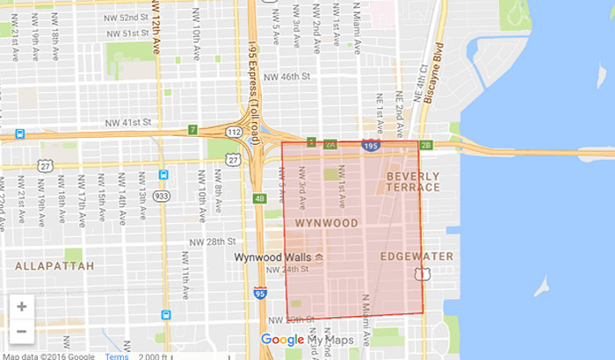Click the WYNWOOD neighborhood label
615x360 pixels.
[327, 223]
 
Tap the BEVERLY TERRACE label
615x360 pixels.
[412, 182]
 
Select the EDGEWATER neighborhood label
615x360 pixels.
[416, 256]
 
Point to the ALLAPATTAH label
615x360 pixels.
[49, 263]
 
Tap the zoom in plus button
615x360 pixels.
[22, 306]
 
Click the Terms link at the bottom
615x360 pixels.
[117, 356]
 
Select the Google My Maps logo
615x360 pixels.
[306, 340]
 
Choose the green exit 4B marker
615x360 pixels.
[259, 198]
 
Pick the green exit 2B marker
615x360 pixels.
[427, 144]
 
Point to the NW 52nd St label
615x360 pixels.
[117, 17]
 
